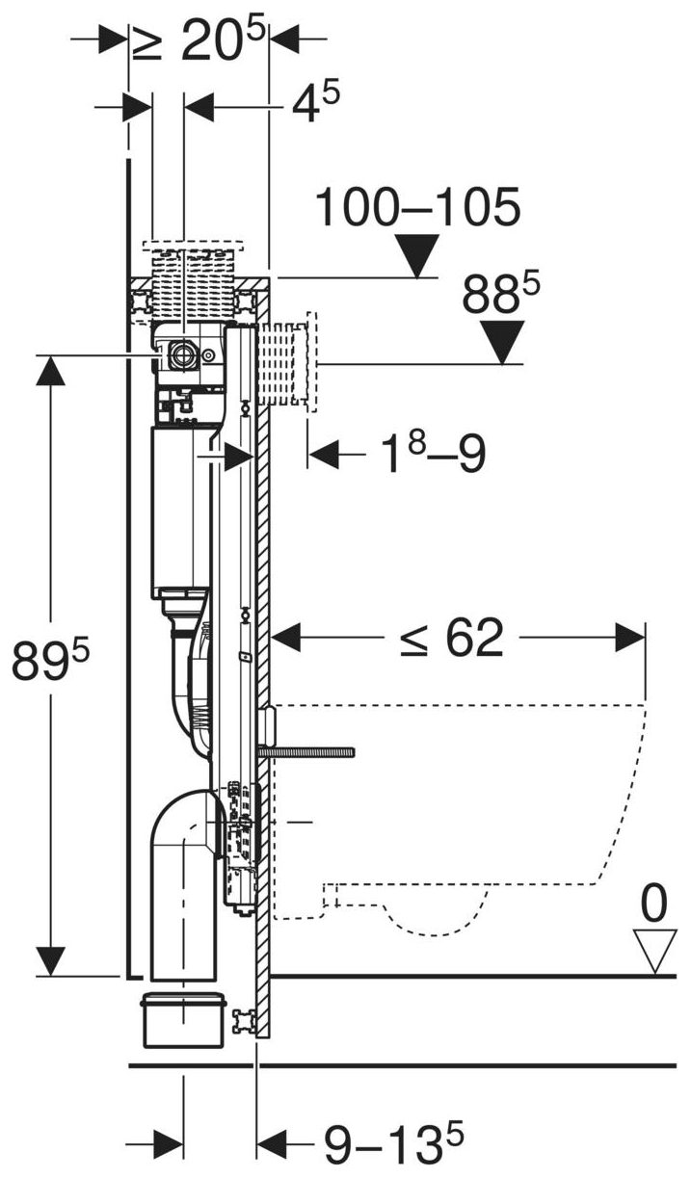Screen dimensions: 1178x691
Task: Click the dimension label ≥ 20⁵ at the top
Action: (198, 40)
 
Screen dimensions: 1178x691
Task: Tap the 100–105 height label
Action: (417, 207)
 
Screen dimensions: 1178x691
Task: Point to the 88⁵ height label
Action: (501, 296)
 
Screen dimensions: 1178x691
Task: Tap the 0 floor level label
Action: (654, 904)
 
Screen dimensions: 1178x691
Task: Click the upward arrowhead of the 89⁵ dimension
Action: (50, 371)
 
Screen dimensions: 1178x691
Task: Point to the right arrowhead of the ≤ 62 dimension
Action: (630, 637)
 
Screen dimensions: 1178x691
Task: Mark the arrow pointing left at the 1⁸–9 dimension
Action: (324, 454)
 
